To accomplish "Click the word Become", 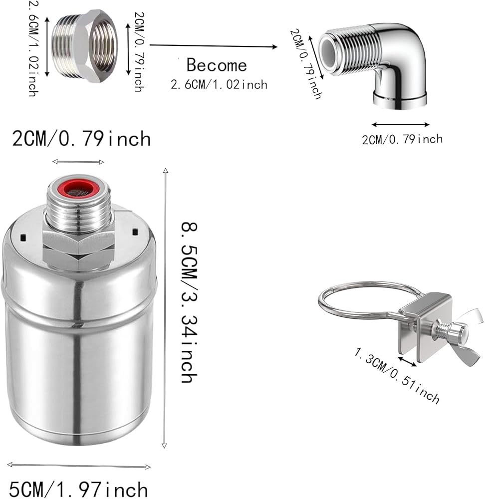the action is click(x=217, y=65).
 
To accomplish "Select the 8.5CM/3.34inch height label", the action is click(x=189, y=302).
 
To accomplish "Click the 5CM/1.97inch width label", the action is click(x=78, y=489).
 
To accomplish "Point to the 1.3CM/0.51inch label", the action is click(x=397, y=376).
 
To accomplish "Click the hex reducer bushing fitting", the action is click(x=85, y=46).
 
